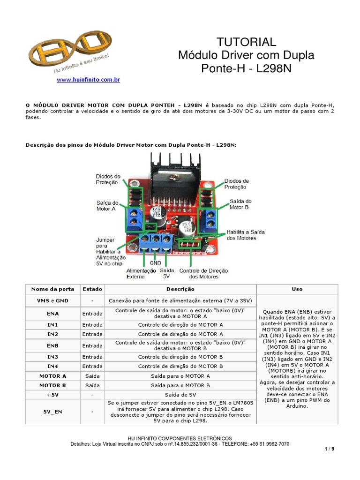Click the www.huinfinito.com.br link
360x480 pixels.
coord(88,80)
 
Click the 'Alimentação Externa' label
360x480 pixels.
coord(141,273)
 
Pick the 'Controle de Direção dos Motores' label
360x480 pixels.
coord(203,273)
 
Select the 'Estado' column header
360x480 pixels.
coord(92,289)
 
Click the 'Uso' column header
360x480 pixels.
coord(297,289)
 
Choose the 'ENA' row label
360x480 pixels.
coord(52,313)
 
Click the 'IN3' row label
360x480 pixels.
coord(52,357)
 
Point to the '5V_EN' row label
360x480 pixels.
coord(52,412)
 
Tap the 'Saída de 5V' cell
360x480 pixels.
coord(180,394)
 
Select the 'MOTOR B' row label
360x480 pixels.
coord(52,385)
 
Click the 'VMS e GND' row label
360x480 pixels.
coord(52,300)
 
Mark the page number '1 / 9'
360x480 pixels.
coord(330,449)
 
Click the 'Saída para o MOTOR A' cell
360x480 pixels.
coord(180,375)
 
